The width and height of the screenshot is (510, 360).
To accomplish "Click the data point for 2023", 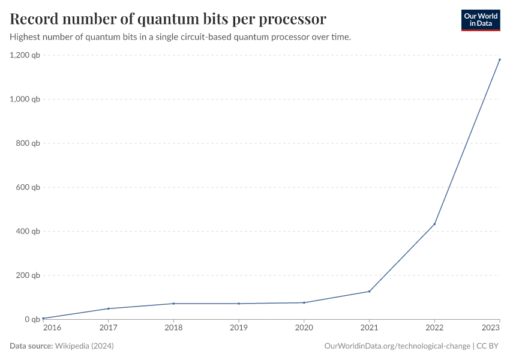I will (499, 59).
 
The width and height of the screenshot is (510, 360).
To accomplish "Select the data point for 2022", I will (434, 224).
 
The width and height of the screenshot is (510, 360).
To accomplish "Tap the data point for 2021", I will (369, 292).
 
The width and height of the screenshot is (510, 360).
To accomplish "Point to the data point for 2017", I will (108, 308).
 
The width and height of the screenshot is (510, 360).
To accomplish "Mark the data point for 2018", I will (173, 304).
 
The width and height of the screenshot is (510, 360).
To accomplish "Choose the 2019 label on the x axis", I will (239, 328).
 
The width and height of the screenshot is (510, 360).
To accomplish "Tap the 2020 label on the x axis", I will (304, 328).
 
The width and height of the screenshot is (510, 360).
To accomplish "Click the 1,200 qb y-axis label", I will (25, 55).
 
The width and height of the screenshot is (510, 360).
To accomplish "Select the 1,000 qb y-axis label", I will (25, 99).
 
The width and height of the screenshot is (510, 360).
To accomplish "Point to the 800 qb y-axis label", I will (28, 143).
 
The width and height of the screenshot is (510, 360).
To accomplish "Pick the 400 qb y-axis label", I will (28, 231).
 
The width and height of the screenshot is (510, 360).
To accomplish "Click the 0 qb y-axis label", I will (32, 319).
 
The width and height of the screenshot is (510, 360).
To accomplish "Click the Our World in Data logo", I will (480, 20).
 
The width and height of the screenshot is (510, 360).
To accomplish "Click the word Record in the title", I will (34, 19).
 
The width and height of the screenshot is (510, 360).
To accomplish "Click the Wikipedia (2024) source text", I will (84, 346).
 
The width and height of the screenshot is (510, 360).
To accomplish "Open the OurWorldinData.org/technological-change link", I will (397, 346).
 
